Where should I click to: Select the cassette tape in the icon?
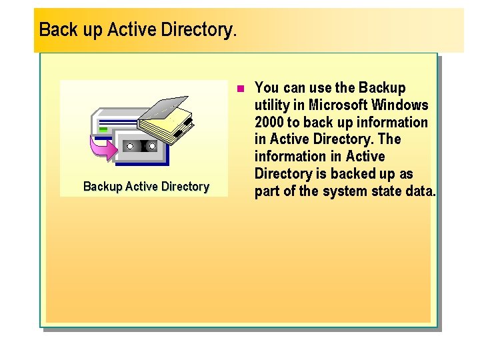coord(141,145)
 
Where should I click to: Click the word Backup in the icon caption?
coord(102,187)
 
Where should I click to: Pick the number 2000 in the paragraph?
coord(269,123)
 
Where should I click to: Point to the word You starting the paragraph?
coord(267,88)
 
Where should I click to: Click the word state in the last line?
coord(383,192)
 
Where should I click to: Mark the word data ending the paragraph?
coord(420,192)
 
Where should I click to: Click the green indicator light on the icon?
coord(103,129)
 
